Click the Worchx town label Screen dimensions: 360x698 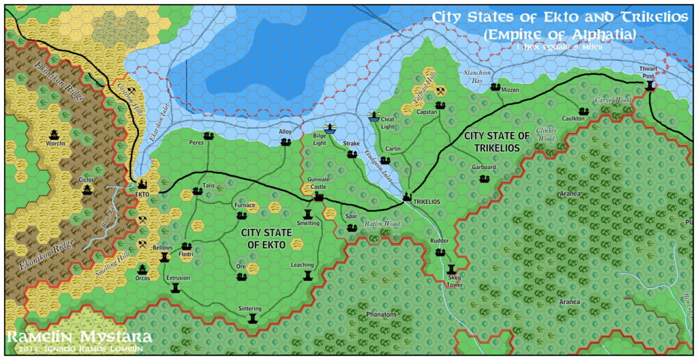point(55,143)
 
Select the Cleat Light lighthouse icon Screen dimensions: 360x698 point(373,116)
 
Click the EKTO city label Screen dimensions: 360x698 point(142,194)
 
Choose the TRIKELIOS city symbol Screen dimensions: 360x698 point(407,196)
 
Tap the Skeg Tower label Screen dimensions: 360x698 point(455,281)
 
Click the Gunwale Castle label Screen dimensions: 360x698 point(319,183)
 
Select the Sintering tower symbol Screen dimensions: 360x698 point(254,318)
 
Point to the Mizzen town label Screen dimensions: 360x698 point(510,90)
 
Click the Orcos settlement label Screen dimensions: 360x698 point(142,278)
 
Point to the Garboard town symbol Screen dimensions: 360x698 point(484,179)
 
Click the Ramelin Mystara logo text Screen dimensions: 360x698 point(79,337)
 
